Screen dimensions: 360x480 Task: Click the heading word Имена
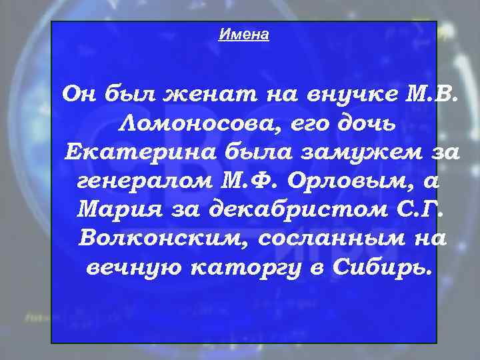click(243, 35)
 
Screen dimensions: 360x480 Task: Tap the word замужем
click(357, 152)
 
